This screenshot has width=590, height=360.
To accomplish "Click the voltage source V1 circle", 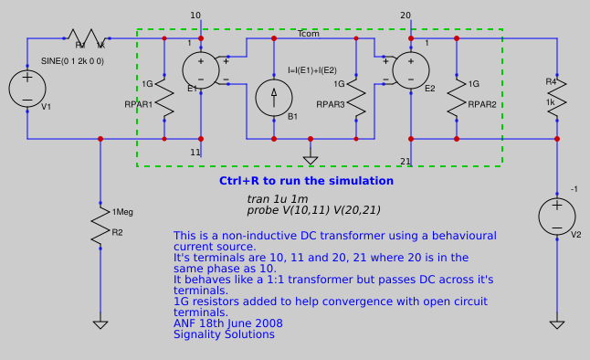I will pos(27,89).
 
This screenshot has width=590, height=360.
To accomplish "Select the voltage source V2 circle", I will pos(557,217).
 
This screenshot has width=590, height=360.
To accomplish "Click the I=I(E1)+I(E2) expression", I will pos(311,70).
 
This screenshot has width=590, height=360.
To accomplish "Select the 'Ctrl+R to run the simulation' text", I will pos(306,181).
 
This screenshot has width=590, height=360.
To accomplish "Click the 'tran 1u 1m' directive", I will pos(278,198).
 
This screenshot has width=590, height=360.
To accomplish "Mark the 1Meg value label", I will pos(122,212).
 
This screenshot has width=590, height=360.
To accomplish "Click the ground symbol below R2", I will pos(100,324).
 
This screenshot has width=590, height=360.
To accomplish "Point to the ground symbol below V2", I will pos(557,324).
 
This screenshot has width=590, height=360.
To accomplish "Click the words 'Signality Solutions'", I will pos(224,334).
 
